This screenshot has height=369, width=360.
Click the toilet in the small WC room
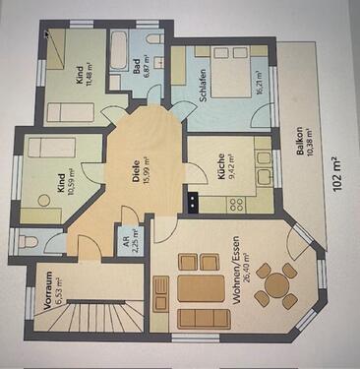click(x=29, y=241)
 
